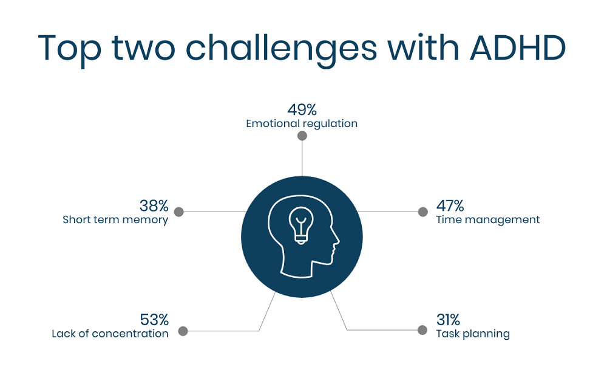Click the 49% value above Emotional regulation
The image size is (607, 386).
(302, 110)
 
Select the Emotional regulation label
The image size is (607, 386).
(302, 123)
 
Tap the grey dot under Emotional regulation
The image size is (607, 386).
(302, 136)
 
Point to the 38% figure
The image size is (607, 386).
(154, 206)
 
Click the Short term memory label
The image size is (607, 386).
(115, 219)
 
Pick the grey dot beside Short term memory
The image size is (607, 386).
(178, 212)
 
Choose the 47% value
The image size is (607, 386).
(450, 206)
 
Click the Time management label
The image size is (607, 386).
(488, 219)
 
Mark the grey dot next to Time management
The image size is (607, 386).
(422, 212)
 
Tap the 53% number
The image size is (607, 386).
(154, 320)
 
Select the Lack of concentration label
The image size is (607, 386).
(110, 334)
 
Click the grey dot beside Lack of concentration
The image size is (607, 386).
(183, 331)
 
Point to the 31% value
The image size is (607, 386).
(448, 320)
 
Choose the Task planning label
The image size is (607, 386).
(473, 334)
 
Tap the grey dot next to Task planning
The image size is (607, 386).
(422, 330)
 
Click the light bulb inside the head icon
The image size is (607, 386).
(301, 225)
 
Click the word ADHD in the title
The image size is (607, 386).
(518, 48)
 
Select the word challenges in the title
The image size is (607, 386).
(282, 49)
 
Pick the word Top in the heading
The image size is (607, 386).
(69, 50)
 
